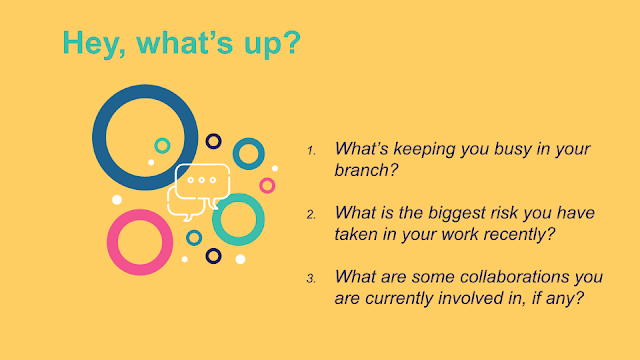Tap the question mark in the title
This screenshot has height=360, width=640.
292,42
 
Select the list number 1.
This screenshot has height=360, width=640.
311,151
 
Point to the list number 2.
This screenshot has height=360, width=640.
311,215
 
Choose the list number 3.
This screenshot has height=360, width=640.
311,279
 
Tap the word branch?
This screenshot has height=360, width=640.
366,170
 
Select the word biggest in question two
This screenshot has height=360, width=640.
457,213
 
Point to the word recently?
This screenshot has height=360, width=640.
519,234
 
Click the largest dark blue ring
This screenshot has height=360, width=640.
99,138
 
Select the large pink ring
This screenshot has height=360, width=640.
113,242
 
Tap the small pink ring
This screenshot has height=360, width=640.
267,179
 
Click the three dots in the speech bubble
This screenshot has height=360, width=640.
202,180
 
